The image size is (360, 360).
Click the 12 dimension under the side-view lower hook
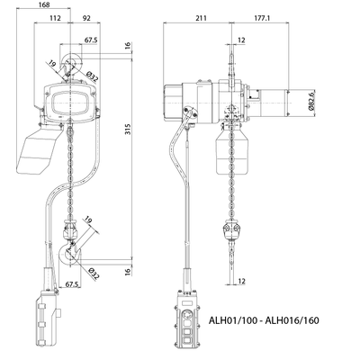[x=240, y=282]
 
